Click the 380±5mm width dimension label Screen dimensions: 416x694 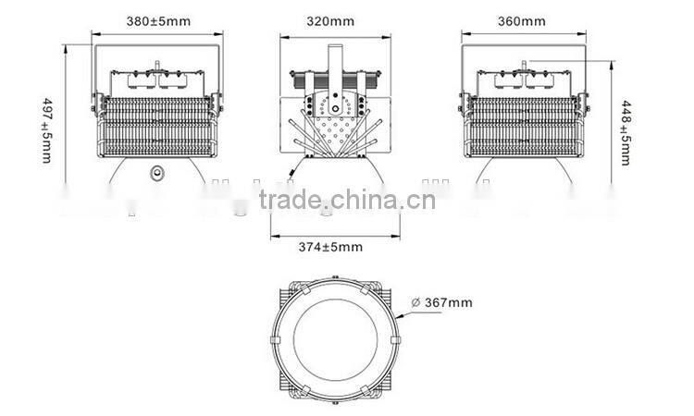pos(158,19)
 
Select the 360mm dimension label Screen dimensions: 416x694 pos(522,19)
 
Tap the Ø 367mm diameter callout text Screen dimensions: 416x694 pos(441,302)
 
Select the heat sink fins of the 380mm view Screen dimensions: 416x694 pos(157,129)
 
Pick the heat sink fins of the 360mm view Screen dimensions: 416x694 pos(523,129)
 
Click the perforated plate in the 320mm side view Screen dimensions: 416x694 pos(334,116)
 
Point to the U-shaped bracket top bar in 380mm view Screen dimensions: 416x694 pos(157,44)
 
